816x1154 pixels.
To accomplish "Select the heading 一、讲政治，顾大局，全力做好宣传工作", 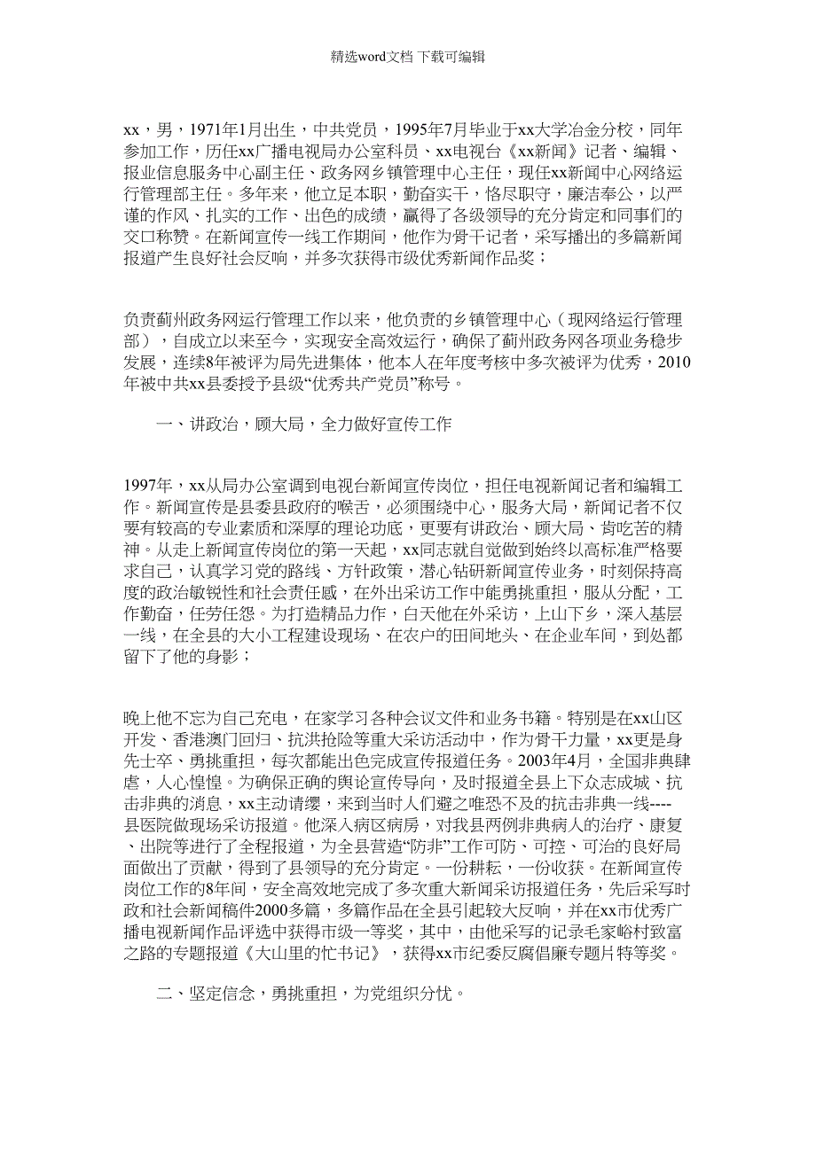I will pyautogui.click(x=303, y=425).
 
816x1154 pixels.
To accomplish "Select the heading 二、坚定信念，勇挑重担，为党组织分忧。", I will pyautogui.click(x=311, y=994).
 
